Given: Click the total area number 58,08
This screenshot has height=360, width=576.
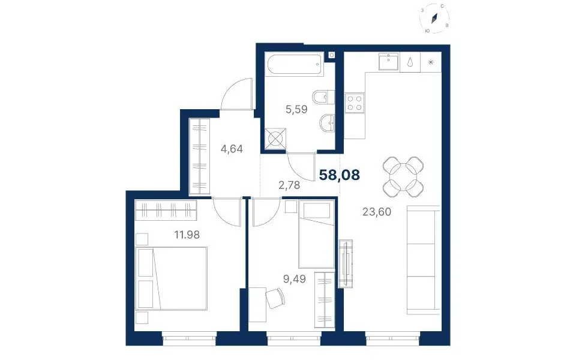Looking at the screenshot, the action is [340, 175].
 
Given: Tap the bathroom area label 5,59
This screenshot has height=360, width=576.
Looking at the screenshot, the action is [296, 109].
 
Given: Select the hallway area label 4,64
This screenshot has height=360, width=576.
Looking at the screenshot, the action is [232, 149].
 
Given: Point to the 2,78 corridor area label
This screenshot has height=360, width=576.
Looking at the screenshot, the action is [289, 185].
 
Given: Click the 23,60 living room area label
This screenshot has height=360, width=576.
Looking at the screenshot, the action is [377, 212].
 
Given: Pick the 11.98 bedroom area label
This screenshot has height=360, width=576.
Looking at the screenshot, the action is [187, 235].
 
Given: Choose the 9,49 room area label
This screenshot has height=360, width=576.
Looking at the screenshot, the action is [294, 279].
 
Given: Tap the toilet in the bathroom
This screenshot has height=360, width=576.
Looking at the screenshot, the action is [323, 97].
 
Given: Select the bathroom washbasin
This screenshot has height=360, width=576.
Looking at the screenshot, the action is [327, 122].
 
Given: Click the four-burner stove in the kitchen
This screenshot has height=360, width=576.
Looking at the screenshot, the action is [355, 103].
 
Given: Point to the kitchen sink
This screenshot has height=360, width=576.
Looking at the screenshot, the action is [389, 61].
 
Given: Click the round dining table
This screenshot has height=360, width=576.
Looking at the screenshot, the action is [403, 176].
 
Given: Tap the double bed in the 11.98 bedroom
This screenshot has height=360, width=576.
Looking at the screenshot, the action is [171, 278].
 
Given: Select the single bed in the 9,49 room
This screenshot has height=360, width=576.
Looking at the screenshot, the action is [316, 234].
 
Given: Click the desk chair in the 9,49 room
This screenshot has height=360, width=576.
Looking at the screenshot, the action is [275, 298].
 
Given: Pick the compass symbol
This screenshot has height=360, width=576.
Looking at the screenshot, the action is [434, 19].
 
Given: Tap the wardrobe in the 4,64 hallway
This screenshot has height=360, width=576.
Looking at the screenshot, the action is [199, 156].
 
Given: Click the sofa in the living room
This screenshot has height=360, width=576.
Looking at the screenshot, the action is [424, 260].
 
